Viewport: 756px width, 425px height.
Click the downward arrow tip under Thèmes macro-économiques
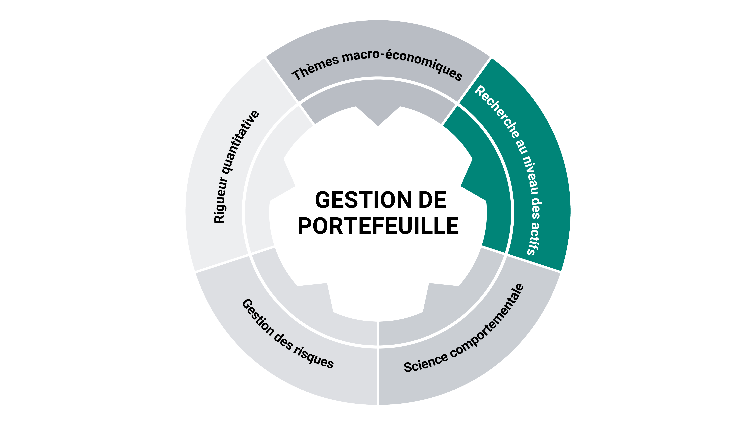(378, 126)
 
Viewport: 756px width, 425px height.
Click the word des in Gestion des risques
(283, 342)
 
